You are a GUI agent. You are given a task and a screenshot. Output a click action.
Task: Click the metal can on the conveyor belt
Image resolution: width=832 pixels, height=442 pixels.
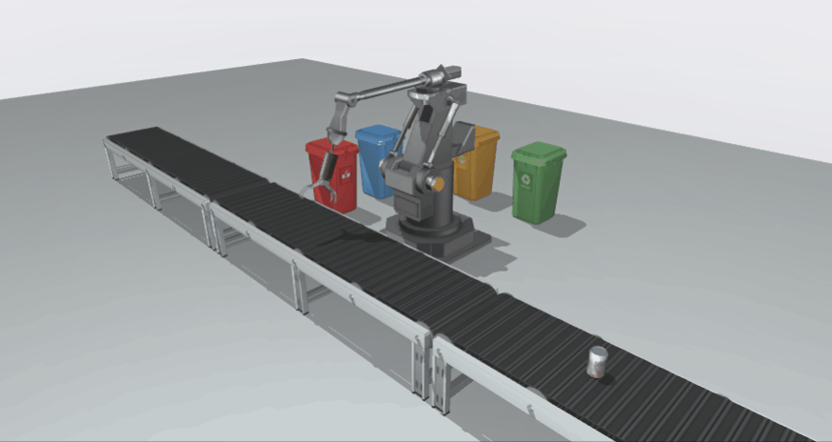[597, 364]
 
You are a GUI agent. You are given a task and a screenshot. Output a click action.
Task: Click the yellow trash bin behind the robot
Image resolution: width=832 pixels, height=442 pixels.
[479, 164]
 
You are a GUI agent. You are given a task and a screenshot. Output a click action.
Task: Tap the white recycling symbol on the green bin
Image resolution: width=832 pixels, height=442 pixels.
[524, 178]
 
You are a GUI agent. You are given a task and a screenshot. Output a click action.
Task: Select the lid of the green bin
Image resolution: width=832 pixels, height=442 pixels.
[539, 151]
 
